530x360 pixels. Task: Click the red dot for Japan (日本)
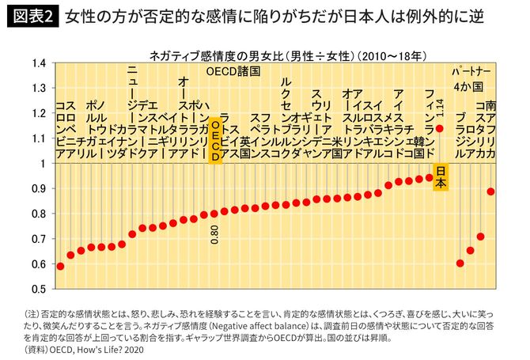coord(440,127)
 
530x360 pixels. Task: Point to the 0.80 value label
coord(214,234)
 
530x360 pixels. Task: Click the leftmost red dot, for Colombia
coord(60,266)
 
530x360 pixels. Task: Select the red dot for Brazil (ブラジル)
coord(460,263)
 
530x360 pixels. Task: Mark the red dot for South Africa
coord(491,191)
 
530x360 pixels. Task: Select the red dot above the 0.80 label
coord(214,213)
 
